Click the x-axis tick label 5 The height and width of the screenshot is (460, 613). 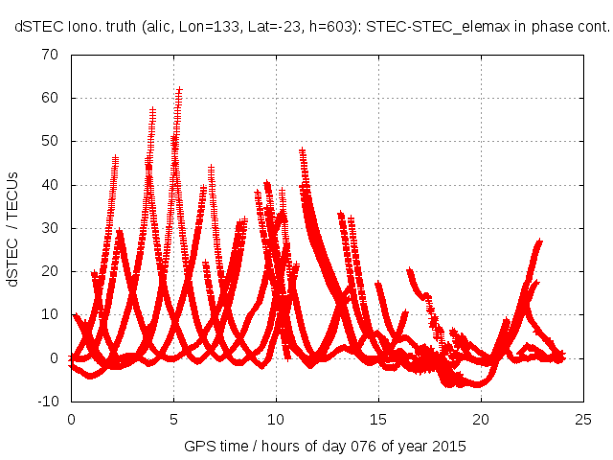tap(173, 419)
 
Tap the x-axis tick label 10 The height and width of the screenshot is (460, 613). tap(276, 419)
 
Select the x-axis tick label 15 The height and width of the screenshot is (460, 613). tap(378, 419)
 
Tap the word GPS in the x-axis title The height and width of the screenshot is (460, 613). tap(198, 447)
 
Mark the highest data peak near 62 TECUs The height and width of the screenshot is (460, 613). tap(179, 90)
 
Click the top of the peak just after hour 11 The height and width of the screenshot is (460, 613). tap(303, 151)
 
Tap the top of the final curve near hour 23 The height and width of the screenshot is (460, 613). tap(539, 242)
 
